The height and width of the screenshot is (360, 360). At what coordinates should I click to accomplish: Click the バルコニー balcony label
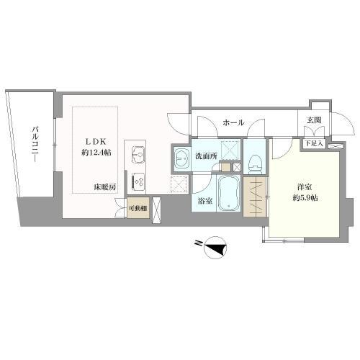35,145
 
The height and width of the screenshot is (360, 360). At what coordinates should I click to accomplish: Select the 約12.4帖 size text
96,153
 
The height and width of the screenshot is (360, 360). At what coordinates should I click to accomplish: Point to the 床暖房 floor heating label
105,187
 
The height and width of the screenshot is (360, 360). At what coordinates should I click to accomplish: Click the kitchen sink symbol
139,155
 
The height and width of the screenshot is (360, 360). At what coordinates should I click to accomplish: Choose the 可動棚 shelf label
138,208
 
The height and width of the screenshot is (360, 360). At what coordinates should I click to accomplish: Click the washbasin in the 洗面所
181,158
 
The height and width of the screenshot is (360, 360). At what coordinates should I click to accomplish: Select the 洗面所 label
206,156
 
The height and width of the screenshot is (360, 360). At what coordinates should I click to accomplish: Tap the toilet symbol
255,163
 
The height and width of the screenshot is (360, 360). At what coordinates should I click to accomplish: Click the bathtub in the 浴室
229,194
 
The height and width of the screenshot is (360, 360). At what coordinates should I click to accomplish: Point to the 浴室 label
205,201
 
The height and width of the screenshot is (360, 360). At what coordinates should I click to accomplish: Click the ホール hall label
233,122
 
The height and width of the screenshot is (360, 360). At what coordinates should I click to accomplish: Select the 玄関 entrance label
314,120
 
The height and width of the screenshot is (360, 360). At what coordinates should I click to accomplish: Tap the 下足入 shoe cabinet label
313,144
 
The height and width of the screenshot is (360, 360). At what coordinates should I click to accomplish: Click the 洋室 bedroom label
305,187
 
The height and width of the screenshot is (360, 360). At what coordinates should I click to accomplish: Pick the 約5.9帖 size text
305,198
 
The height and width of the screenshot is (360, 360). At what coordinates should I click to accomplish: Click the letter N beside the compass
198,243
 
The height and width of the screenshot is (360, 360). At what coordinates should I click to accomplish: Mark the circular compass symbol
215,248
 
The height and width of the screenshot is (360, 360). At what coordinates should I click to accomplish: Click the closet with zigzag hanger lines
255,197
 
